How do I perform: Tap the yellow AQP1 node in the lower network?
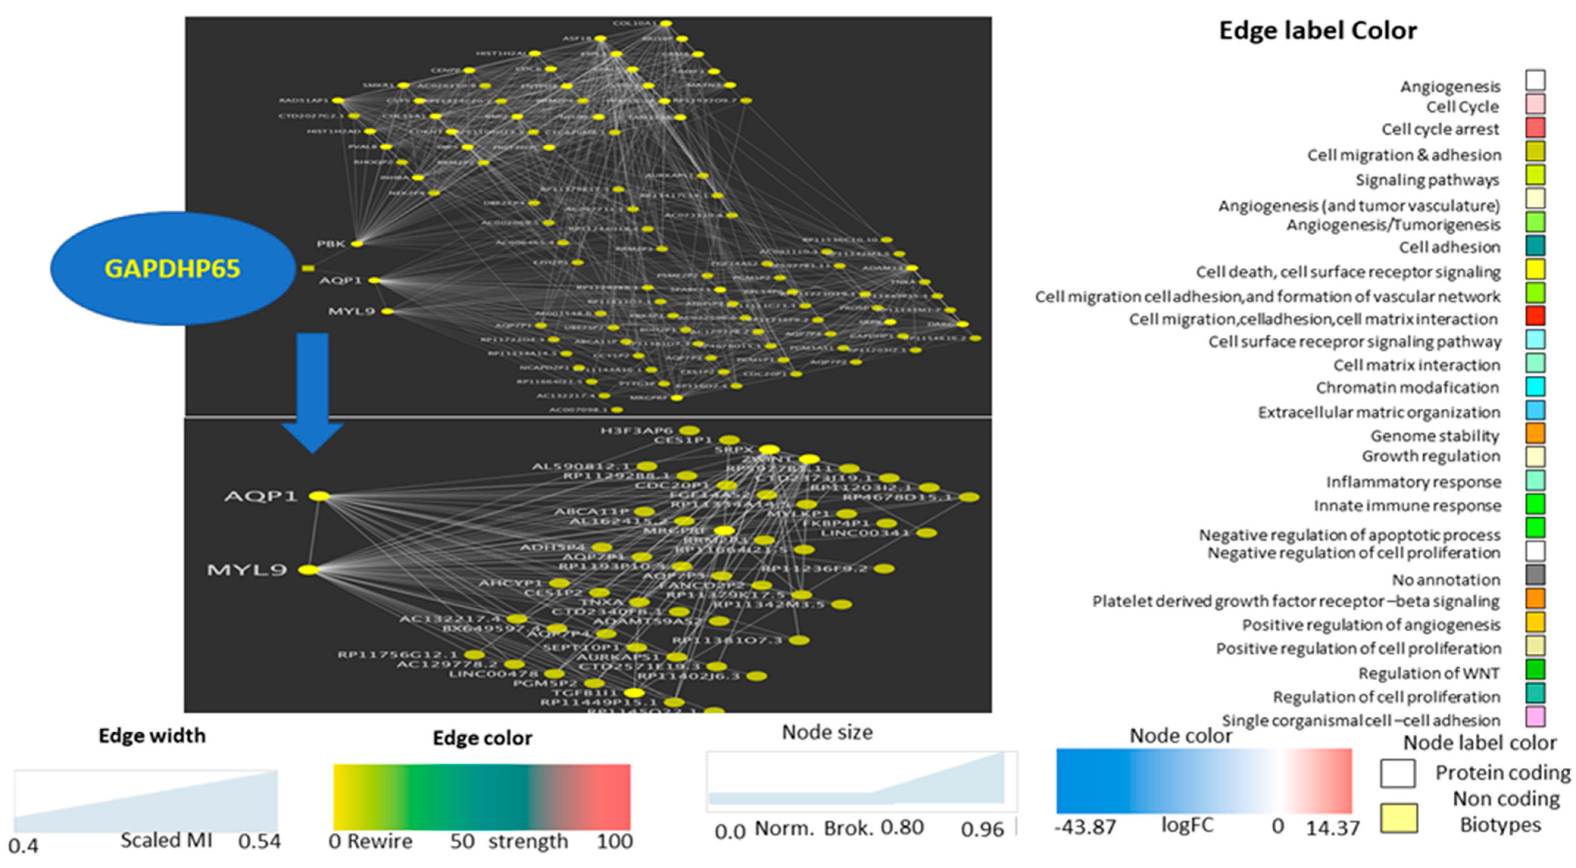click(x=319, y=496)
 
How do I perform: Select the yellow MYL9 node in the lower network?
click(x=309, y=570)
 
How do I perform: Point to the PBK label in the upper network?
click(x=331, y=244)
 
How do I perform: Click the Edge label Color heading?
click(x=1318, y=31)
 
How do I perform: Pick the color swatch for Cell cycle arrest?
click(x=1535, y=128)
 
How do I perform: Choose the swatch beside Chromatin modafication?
click(x=1535, y=387)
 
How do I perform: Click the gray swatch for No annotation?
click(x=1535, y=575)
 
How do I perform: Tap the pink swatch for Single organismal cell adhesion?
click(x=1535, y=717)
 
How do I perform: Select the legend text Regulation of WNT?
click(x=1429, y=673)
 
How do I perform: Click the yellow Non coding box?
click(x=1399, y=818)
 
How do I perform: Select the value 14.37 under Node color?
click(x=1332, y=828)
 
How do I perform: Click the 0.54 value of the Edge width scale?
click(x=259, y=842)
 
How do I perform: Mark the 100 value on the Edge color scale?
click(x=615, y=842)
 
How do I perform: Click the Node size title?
click(x=827, y=732)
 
